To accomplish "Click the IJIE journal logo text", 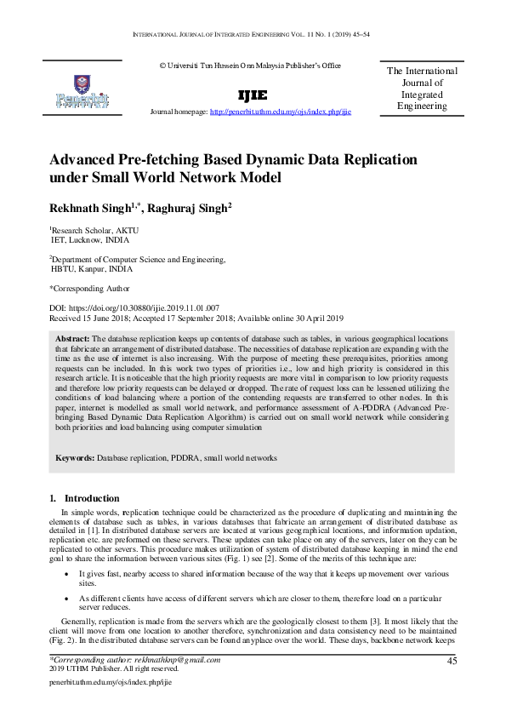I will [253, 95].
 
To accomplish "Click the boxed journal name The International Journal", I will [422, 89].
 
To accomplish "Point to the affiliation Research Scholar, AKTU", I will [94, 231].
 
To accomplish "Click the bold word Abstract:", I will [71, 339].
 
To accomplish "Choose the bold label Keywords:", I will [74, 458].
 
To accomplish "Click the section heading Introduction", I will [93, 497].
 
